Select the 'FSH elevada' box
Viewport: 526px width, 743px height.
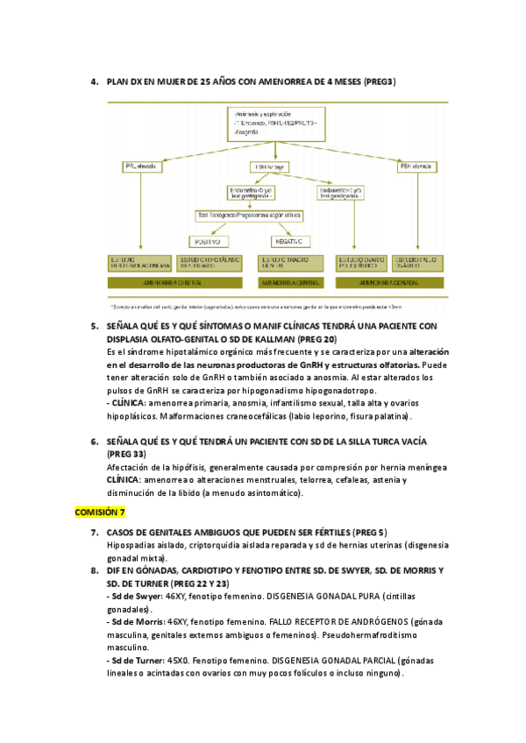(x=416, y=166)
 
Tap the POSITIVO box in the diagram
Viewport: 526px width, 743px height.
(x=210, y=241)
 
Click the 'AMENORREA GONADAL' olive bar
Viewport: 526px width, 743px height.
(x=388, y=283)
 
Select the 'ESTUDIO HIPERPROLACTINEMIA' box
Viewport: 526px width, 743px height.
(x=140, y=263)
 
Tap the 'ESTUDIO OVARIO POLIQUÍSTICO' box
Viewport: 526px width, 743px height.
(x=359, y=263)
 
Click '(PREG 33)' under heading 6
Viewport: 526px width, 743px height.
(x=129, y=456)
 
